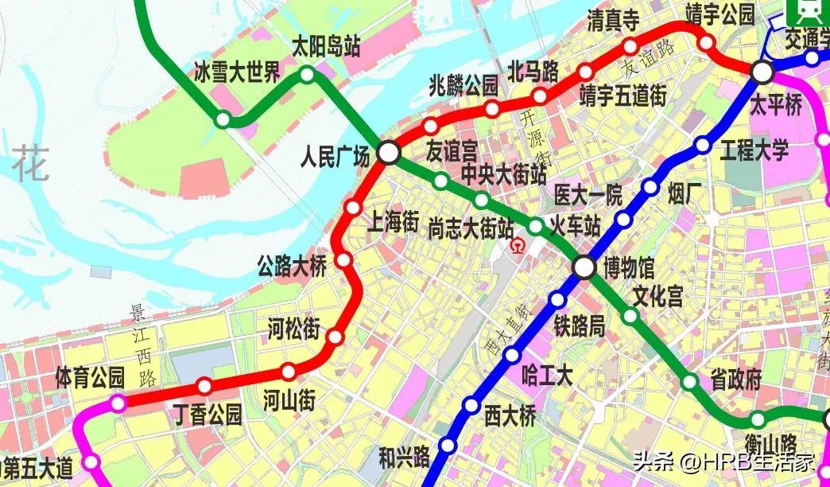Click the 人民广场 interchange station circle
(388, 152)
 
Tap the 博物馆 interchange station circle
(584, 267)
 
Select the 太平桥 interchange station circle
(762, 72)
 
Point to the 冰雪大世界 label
(238, 74)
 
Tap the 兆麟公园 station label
(463, 84)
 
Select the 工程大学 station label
(754, 149)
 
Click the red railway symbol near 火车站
(518, 245)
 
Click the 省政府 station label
(735, 380)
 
